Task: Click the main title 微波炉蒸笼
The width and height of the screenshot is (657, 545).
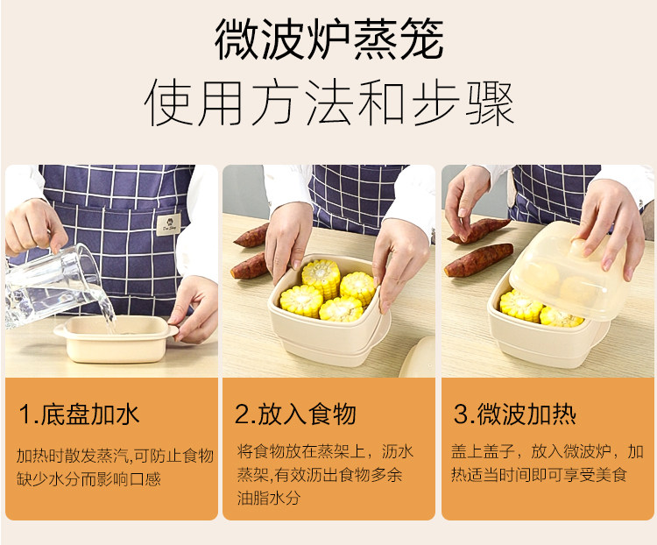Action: (329, 39)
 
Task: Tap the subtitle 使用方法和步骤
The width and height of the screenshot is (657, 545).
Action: (329, 103)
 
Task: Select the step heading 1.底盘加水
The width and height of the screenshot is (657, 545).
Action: (79, 414)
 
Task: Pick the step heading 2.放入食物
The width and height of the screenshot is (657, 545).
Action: (296, 414)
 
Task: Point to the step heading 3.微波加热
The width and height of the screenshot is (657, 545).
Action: (515, 414)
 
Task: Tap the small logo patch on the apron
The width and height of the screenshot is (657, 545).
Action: (169, 224)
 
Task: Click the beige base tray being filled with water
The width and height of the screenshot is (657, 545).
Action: (117, 339)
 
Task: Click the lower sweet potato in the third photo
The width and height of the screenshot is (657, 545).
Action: (478, 260)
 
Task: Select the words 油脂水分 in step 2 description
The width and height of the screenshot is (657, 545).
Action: (269, 498)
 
